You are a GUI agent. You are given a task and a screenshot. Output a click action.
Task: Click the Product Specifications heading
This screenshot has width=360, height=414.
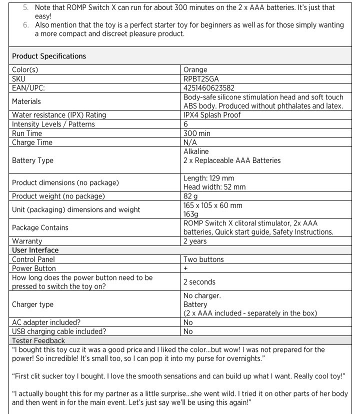click(x=49, y=56)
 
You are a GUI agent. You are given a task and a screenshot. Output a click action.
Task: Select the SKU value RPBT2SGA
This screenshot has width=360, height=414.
click(x=201, y=79)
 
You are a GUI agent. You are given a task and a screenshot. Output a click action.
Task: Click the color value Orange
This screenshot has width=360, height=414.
click(x=195, y=70)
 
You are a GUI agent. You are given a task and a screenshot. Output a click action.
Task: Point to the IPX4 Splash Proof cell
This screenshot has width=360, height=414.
click(x=212, y=115)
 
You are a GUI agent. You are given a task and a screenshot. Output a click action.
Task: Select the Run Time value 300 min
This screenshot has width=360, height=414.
click(x=197, y=133)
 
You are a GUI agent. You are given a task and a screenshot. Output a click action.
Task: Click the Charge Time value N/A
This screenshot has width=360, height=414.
click(x=190, y=142)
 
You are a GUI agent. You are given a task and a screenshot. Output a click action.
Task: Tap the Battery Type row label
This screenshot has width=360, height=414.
click(x=32, y=160)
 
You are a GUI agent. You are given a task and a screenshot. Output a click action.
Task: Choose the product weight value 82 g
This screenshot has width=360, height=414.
click(x=191, y=196)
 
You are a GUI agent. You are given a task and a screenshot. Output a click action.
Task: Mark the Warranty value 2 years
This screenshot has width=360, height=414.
click(x=195, y=241)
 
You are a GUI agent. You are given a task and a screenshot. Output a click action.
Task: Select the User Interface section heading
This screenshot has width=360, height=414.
click(x=35, y=250)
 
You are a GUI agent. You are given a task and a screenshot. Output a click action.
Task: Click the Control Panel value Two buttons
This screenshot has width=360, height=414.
click(x=203, y=259)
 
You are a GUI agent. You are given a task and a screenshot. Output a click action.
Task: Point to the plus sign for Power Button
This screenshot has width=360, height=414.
click(x=185, y=268)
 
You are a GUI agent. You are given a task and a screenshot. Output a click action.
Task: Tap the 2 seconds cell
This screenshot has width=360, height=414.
click(x=199, y=282)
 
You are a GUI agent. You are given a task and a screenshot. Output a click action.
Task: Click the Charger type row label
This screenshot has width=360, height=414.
click(x=32, y=304)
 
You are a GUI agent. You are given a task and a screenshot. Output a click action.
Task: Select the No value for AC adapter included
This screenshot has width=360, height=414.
click(x=188, y=322)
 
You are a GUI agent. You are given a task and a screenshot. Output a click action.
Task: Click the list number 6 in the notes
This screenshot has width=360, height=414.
click(x=26, y=25)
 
